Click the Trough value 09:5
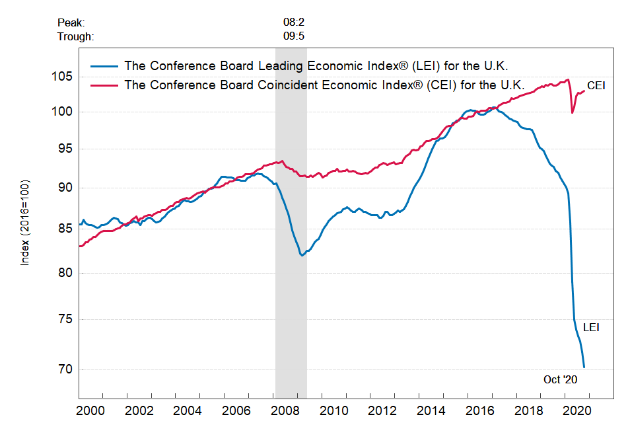(294, 36)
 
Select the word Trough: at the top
(75, 36)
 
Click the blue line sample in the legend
(103, 65)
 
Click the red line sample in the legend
(103, 85)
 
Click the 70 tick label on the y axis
(66, 369)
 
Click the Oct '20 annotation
(561, 379)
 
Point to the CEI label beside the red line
(596, 86)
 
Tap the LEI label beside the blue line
(591, 327)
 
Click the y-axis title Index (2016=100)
(25, 222)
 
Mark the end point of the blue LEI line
(584, 367)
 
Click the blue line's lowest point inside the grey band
(302, 255)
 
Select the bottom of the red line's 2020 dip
(573, 113)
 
